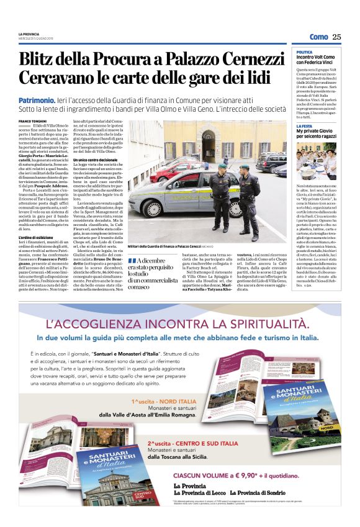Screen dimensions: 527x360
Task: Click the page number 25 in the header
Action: pyautogui.click(x=336, y=37)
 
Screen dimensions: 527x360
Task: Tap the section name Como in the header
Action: pyautogui.click(x=318, y=37)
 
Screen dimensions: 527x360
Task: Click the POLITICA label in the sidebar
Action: pyautogui.click(x=305, y=52)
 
